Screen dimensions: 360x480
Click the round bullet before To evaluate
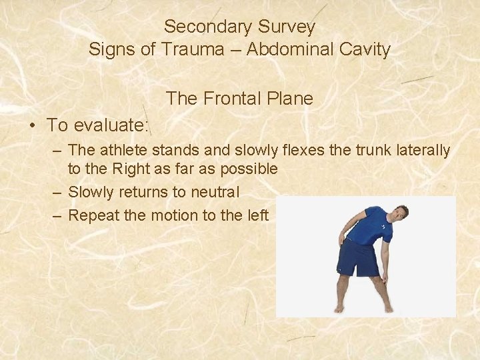pos(31,125)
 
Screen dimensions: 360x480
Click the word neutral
pos(214,192)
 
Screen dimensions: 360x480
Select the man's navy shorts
pos(359,258)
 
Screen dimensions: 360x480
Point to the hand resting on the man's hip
pos(342,239)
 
